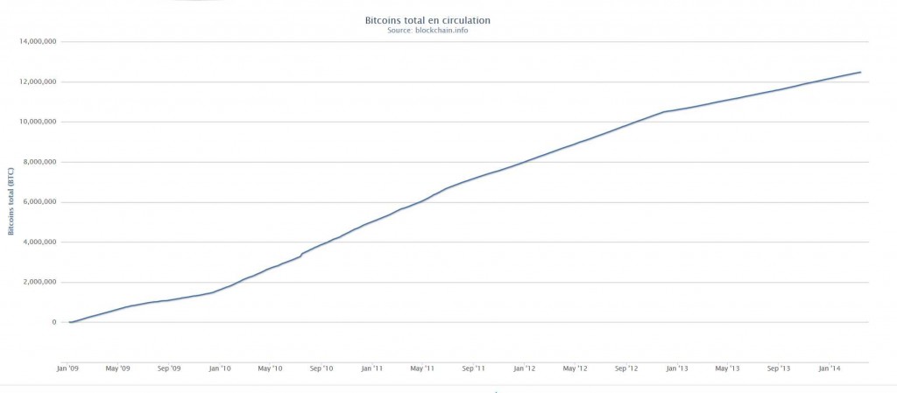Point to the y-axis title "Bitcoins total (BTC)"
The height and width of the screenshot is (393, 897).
click(x=11, y=202)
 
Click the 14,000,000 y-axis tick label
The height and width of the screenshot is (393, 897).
click(x=38, y=41)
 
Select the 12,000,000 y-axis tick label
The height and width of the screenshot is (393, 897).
click(x=38, y=81)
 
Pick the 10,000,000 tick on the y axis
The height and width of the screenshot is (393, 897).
click(x=38, y=122)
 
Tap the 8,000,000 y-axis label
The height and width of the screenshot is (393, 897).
click(x=40, y=162)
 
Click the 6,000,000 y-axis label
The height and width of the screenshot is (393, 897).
click(x=40, y=202)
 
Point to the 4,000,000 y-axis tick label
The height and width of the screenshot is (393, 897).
click(x=40, y=242)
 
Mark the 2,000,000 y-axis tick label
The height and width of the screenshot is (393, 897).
click(x=40, y=283)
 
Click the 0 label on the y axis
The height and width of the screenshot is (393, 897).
click(x=54, y=323)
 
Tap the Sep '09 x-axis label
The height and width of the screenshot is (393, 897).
click(x=169, y=368)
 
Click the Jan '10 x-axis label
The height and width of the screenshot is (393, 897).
click(x=220, y=368)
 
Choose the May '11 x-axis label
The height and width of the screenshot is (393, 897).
click(x=422, y=368)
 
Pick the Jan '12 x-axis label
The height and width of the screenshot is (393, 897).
click(x=524, y=368)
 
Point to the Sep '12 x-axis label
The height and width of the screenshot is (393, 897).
click(x=625, y=368)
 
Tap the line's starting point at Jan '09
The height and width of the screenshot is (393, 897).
click(x=69, y=322)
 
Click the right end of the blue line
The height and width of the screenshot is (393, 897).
click(x=860, y=72)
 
